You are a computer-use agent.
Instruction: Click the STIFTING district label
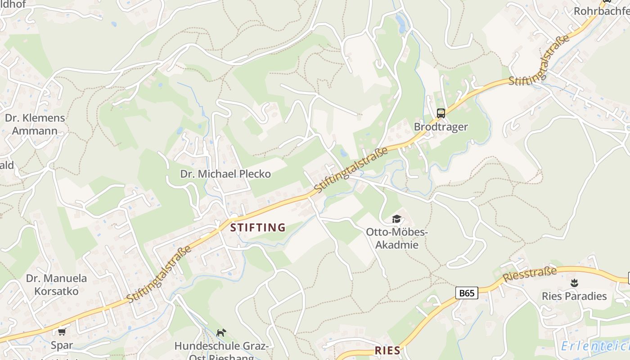pos(258,228)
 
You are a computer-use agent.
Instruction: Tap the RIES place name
pos(387,351)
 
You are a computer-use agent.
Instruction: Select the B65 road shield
pos(466,293)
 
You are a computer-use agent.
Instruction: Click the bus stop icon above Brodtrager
pos(441,113)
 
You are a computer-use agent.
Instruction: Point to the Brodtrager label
pos(441,127)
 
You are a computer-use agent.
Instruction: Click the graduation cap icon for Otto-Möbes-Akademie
pos(396,219)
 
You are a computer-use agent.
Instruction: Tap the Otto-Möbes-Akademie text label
pos(396,238)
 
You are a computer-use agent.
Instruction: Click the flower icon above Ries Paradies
pos(574,283)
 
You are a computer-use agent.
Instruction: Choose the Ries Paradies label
pos(574,296)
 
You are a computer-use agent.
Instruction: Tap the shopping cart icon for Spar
pos(62,332)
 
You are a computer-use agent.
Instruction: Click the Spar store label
pos(62,346)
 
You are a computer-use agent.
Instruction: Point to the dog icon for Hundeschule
pos(221,333)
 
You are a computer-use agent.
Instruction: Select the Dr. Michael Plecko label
pos(225,174)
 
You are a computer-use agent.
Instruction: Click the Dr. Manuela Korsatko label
pos(56,284)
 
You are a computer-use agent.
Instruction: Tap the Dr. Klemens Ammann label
pos(35,124)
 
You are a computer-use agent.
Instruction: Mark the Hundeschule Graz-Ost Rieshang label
pos(221,351)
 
